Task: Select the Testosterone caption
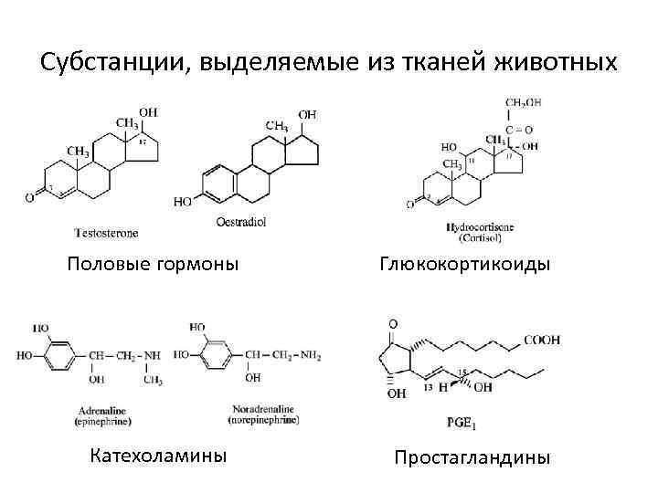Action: point(107,233)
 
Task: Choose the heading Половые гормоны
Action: point(154,264)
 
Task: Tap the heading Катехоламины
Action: point(158,455)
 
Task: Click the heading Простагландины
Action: point(472,456)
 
